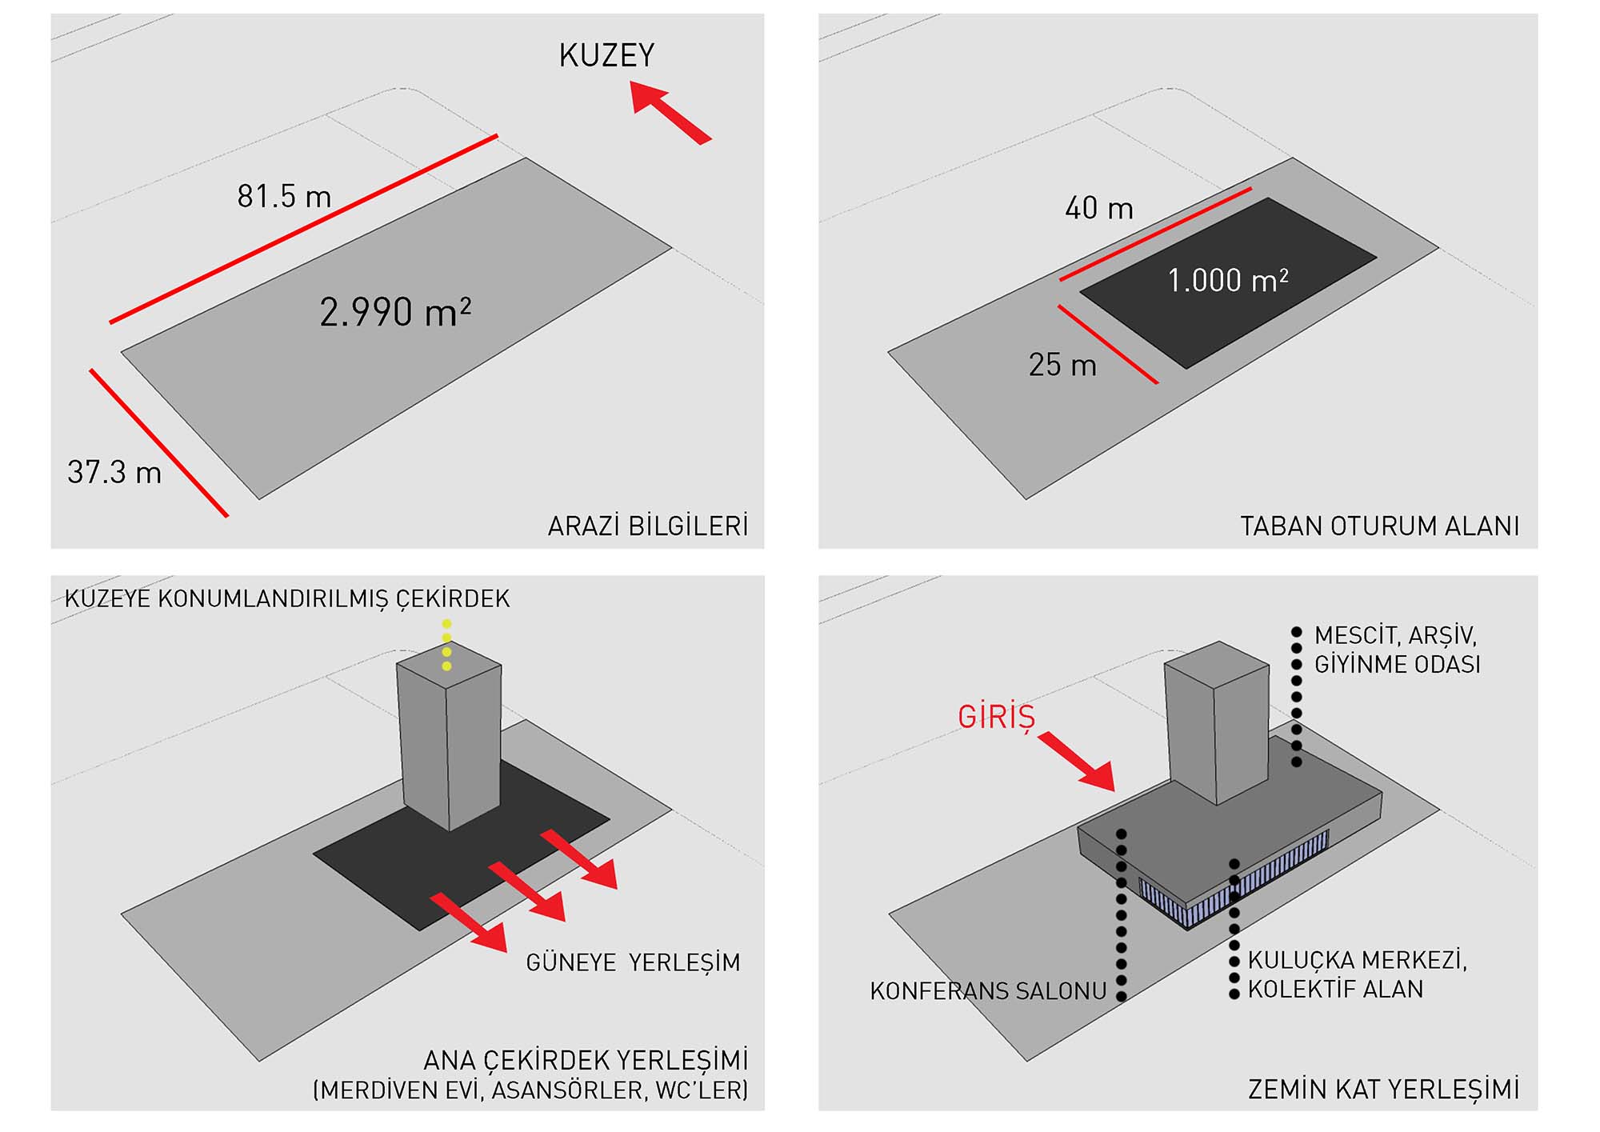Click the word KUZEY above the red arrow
coord(606,55)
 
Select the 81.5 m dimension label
coord(284,196)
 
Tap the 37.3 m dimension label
coord(114,472)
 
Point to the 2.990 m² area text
coord(395,312)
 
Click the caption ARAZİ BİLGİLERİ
coord(648,526)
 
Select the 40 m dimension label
coord(1099,209)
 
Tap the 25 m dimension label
coord(1062,365)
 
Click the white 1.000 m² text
coord(1228,280)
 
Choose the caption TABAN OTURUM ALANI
coord(1379,526)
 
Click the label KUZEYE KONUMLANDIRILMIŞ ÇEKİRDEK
coord(287,598)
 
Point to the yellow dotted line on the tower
coord(446,645)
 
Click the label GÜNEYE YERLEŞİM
coord(633,962)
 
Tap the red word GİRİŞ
coord(997,717)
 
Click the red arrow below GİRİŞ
coord(1078,761)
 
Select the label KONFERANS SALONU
coord(988,991)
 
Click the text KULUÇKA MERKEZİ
coord(1358,959)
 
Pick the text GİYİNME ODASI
coord(1397,664)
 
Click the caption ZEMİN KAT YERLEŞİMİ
coord(1383,1089)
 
